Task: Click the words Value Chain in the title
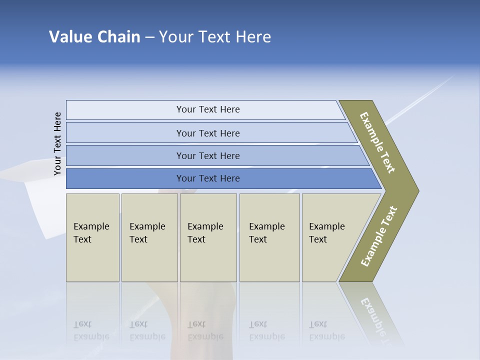click(94, 37)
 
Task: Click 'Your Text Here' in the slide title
click(215, 37)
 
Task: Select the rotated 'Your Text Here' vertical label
click(57, 144)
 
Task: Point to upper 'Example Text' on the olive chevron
click(377, 142)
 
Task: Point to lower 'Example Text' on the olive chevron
click(378, 236)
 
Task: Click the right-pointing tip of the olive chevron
click(415, 190)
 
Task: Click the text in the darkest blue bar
click(208, 178)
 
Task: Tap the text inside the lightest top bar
click(208, 109)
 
